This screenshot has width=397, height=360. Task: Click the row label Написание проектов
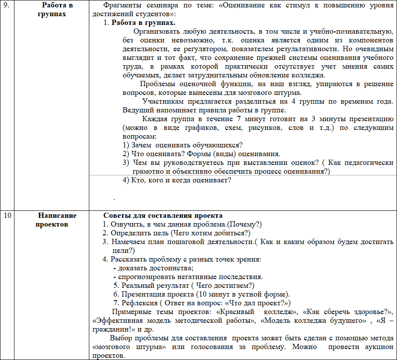point(57,220)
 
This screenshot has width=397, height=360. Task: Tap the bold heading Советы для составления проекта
point(163,216)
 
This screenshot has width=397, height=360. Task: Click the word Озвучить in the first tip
point(125,224)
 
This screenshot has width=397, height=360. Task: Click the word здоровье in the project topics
point(370,312)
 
